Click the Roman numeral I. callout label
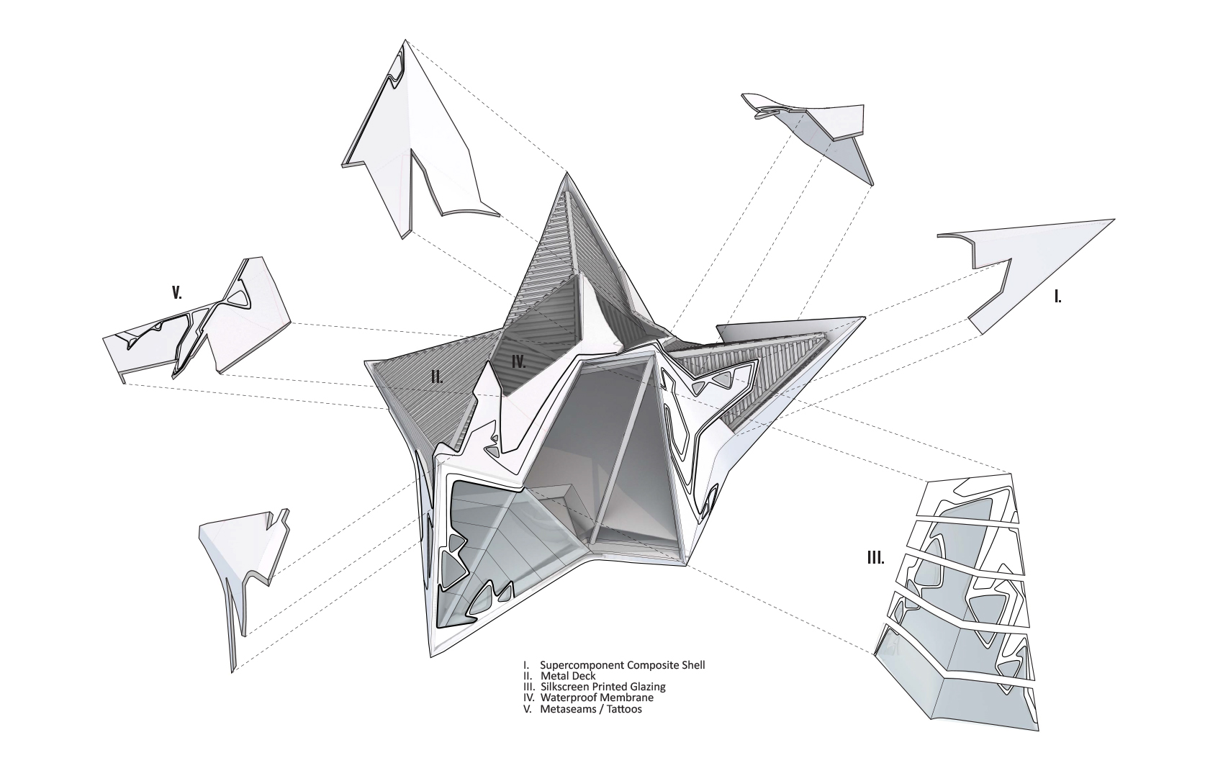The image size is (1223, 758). tap(1057, 297)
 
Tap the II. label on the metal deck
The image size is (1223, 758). tap(437, 376)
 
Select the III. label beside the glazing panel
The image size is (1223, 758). tap(876, 558)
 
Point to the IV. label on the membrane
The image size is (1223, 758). tap(518, 361)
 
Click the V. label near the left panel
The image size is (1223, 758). tap(177, 293)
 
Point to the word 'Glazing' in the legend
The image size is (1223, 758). tap(647, 687)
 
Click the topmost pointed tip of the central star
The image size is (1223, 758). tap(567, 173)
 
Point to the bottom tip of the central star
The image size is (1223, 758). tap(430, 657)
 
